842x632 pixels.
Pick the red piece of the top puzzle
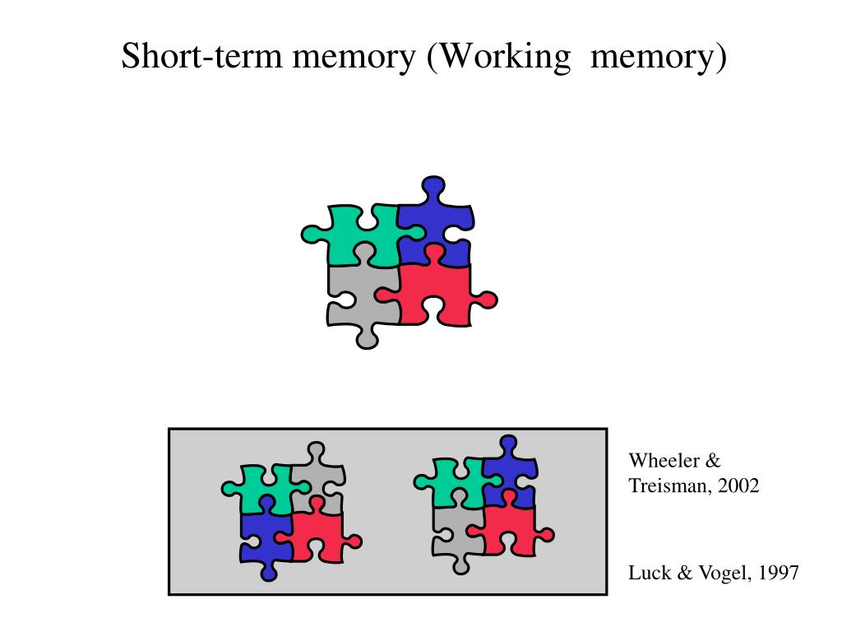point(436,292)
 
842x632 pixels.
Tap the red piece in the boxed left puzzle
point(317,535)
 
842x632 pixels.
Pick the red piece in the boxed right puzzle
point(510,527)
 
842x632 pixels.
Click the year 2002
point(738,486)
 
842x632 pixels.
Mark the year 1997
point(777,574)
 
